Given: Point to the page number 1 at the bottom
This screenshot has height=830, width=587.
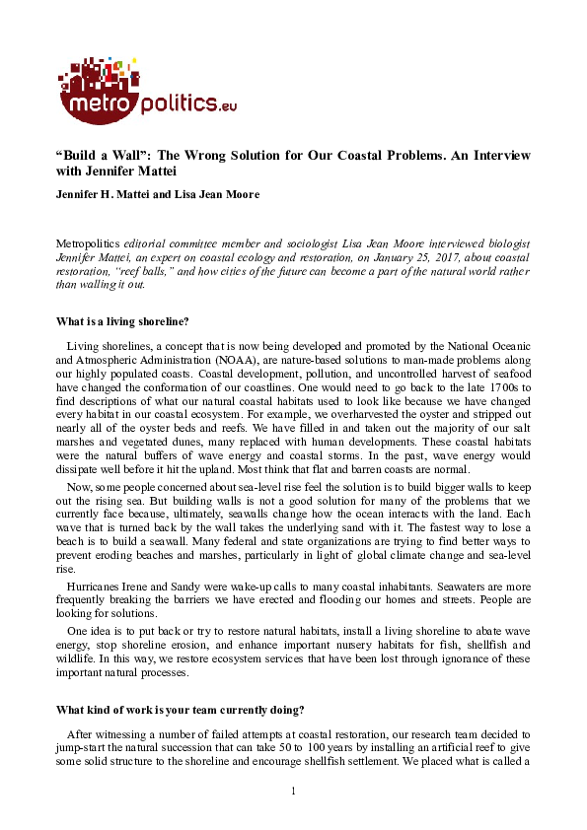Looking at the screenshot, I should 293,792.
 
